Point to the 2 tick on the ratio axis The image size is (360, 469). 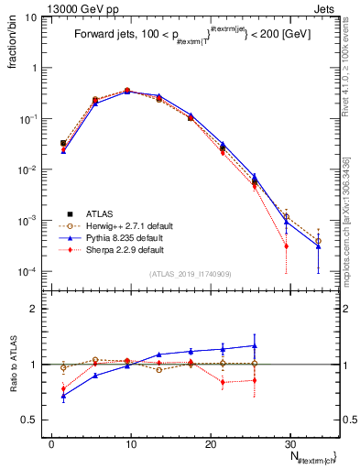point(37,310)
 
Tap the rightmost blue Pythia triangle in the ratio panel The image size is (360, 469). point(255,345)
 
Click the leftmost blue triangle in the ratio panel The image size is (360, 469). point(63,396)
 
